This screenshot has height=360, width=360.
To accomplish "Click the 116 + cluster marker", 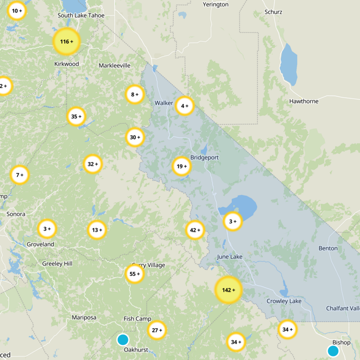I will [66, 41].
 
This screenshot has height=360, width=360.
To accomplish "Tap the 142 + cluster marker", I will [229, 290].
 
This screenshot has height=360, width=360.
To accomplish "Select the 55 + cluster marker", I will [135, 274].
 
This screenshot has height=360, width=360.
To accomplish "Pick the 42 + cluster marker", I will [195, 230].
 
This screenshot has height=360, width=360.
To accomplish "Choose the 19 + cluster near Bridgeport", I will [182, 166].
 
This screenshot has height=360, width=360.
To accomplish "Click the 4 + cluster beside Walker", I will [184, 106].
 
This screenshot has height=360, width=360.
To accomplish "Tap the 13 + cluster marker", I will [97, 230].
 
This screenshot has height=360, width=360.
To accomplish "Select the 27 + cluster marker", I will [157, 330].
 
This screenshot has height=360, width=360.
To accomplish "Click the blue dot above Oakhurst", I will [122, 339].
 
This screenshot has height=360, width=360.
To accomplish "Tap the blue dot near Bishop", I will [333, 351].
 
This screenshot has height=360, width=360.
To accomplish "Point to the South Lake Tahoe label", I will [81, 15].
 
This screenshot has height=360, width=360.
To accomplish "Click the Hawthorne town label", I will [304, 101].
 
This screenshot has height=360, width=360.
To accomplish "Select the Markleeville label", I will [114, 66].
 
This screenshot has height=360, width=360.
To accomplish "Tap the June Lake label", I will [229, 256].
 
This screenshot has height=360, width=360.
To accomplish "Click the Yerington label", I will [216, 4].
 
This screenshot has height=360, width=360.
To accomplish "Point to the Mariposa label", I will [84, 318].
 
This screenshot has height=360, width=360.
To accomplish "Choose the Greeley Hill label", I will [57, 264].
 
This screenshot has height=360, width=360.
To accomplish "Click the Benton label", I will [328, 248].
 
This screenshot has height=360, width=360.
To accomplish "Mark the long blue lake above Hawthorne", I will [288, 64].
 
